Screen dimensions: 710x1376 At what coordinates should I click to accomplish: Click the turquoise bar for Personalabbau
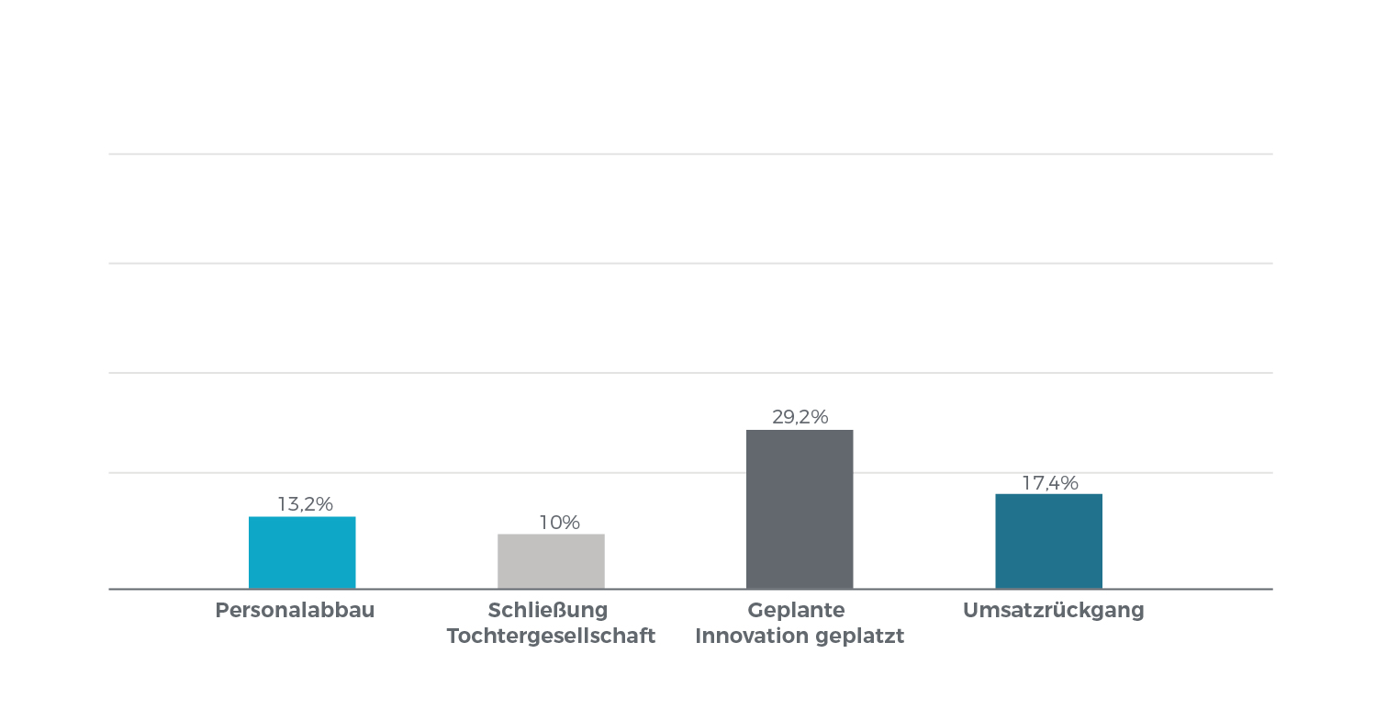(302, 552)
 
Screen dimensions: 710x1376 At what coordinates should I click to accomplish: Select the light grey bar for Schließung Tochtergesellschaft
(551, 561)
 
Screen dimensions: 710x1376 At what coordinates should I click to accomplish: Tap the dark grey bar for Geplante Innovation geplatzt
(800, 509)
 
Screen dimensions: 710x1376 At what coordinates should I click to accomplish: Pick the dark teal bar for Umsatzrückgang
(1048, 541)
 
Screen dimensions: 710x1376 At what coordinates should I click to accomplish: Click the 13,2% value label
(305, 504)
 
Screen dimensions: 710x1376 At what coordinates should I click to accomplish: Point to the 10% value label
(559, 523)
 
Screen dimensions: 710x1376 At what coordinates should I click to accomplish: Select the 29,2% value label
(800, 417)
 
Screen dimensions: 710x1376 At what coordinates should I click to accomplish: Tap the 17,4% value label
(1049, 483)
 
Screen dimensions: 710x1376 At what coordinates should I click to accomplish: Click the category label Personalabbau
(295, 611)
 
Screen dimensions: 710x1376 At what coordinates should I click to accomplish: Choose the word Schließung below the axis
(548, 611)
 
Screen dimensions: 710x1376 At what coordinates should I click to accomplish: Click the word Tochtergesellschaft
(551, 637)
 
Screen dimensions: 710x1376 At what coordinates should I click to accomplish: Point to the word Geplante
(796, 611)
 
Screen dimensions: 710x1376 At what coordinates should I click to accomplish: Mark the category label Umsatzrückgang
(1053, 611)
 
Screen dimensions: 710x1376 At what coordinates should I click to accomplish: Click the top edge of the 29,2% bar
(800, 430)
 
